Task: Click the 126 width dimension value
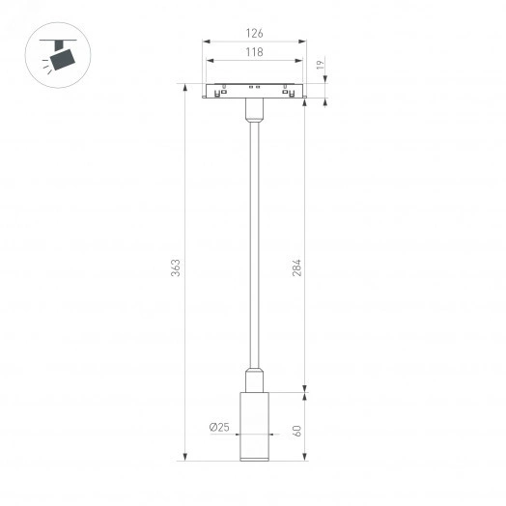[x=254, y=34]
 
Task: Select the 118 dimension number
[x=254, y=52]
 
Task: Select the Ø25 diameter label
[x=217, y=428]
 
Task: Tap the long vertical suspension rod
[x=255, y=241]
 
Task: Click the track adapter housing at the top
[x=255, y=93]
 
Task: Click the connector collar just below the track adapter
[x=255, y=114]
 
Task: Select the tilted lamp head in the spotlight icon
[x=64, y=59]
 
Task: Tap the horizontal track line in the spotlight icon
[x=62, y=40]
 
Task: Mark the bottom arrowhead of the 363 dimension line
[x=183, y=460]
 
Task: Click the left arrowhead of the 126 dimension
[x=206, y=41]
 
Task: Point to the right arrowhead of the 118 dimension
[x=301, y=59]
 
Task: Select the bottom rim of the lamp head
[x=255, y=458]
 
